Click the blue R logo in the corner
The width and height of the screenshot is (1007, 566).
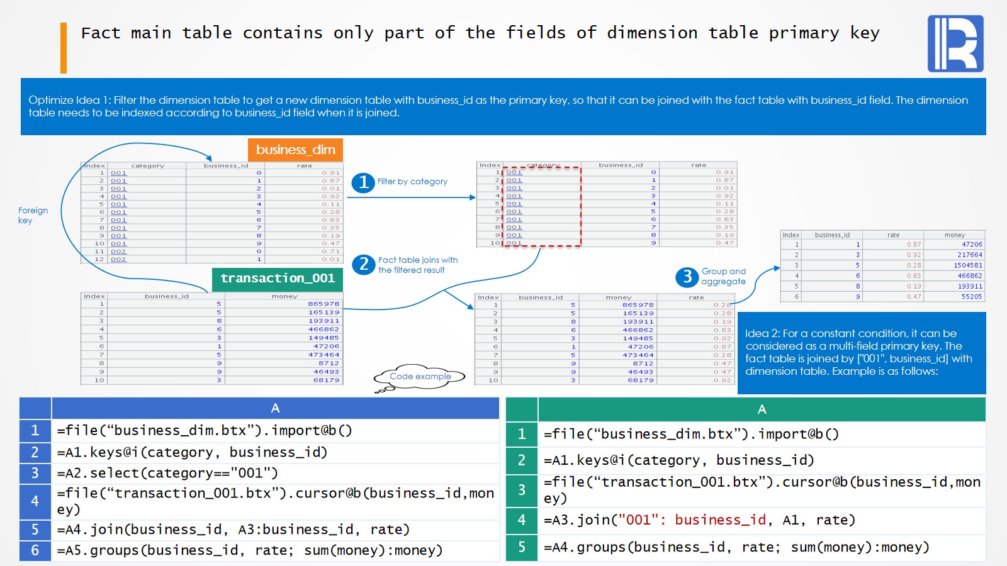coord(955,43)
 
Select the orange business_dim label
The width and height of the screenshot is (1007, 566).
coord(295,150)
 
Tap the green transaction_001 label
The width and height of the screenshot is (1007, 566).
coord(278,279)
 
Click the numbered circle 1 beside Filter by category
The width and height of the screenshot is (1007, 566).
coord(363,182)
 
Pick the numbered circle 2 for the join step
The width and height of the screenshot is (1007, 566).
coord(364,264)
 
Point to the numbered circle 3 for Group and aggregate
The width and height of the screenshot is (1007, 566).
coord(687,277)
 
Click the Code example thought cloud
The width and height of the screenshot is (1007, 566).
coord(420,377)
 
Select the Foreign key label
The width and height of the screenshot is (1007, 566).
coord(33,215)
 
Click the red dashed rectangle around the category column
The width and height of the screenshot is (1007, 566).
coord(541,207)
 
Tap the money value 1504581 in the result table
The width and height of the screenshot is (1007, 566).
coord(968,265)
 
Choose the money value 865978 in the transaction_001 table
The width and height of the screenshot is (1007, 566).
coord(323,304)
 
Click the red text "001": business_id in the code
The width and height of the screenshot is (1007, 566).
coord(692,520)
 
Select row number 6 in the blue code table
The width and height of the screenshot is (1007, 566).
coord(35,550)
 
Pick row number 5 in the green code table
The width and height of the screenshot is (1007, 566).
coord(522,547)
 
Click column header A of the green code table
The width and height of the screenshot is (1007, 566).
coord(762,409)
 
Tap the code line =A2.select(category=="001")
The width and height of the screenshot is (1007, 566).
coord(167,473)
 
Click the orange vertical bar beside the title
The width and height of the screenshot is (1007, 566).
coord(64,48)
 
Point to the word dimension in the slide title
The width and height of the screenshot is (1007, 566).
coord(652,33)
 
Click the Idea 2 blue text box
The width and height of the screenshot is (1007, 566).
coord(861,352)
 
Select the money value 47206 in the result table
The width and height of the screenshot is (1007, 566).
coord(972,245)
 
